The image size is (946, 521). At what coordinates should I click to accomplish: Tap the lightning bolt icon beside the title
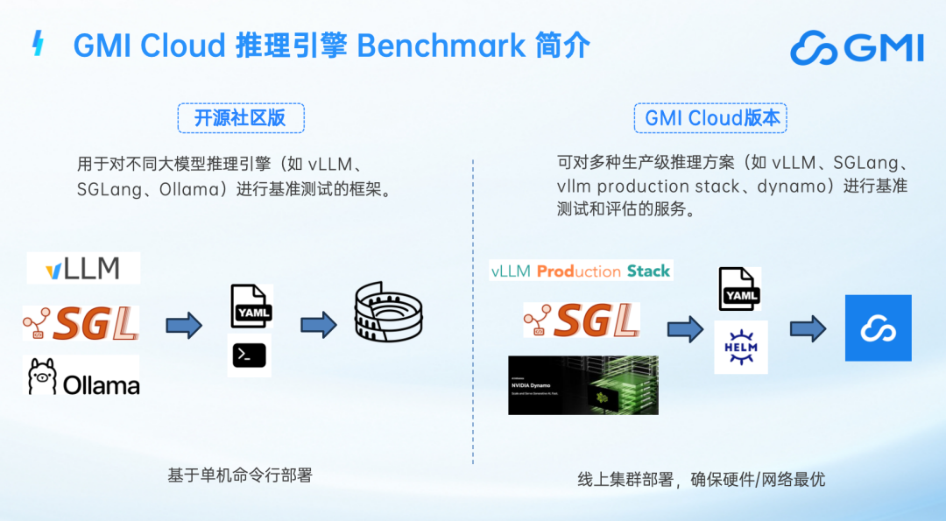(x=38, y=44)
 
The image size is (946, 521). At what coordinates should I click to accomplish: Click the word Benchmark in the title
(x=441, y=45)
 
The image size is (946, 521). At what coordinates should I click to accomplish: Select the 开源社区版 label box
(x=240, y=117)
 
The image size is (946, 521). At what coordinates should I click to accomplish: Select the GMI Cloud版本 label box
(x=711, y=117)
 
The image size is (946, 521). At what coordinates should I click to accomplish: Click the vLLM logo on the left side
(x=83, y=268)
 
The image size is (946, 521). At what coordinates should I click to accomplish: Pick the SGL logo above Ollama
(x=81, y=323)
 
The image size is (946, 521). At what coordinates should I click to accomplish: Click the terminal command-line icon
(x=249, y=355)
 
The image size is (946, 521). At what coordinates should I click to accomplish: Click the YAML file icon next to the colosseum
(x=251, y=306)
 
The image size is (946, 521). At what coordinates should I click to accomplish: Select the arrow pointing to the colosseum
(x=319, y=325)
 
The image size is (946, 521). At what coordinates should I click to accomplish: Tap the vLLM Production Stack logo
(x=581, y=271)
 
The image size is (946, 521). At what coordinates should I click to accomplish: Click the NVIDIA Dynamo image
(x=582, y=384)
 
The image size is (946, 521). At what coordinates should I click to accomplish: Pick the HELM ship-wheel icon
(x=740, y=347)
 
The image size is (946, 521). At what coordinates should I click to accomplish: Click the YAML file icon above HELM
(x=740, y=289)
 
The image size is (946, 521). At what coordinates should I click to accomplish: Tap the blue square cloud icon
(x=878, y=328)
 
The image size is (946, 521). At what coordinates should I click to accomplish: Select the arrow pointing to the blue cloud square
(x=808, y=328)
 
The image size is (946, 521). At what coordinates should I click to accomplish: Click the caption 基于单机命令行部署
(x=239, y=475)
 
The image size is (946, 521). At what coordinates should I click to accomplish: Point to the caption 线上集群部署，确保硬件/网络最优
(x=701, y=479)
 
